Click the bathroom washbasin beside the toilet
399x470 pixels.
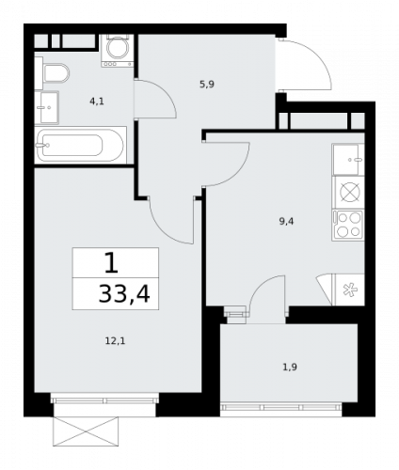point(47,107)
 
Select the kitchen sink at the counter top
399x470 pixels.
point(349,159)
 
